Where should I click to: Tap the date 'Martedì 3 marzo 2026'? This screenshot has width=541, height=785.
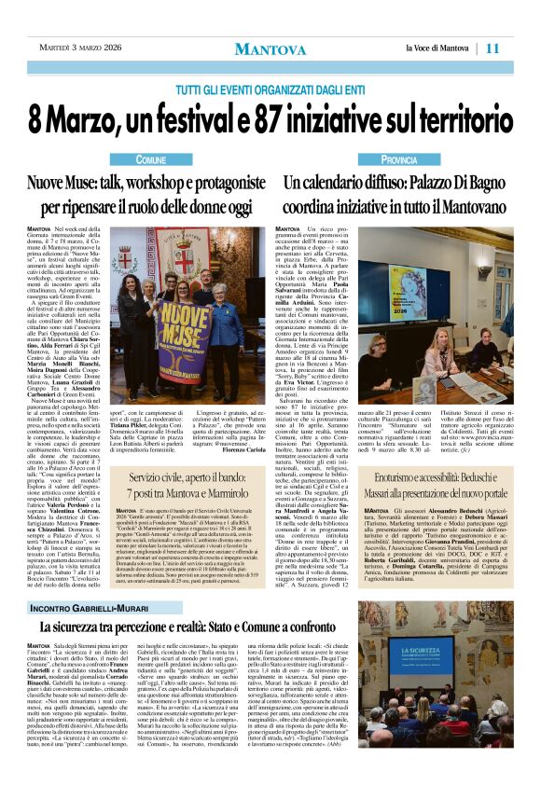click(x=81, y=48)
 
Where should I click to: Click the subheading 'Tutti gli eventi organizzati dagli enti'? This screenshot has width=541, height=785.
click(x=270, y=89)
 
